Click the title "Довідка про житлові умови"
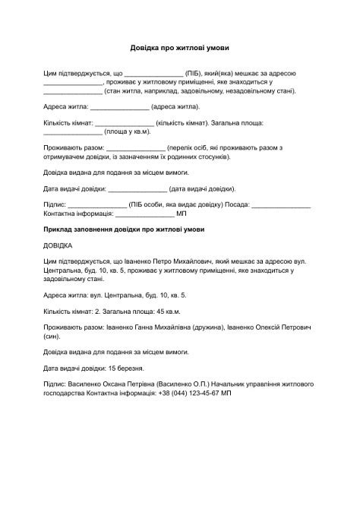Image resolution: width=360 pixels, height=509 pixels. pos(180,48)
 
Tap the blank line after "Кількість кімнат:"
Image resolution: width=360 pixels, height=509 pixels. pos(124,124)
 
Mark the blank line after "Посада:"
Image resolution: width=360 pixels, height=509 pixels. pos(281,206)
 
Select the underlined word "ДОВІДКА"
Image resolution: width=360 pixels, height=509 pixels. pos(58,246)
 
